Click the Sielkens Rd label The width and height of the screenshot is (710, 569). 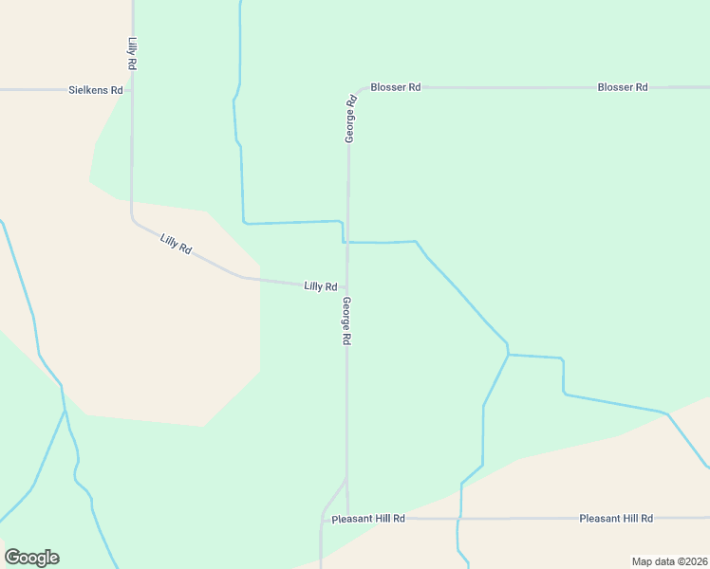pyautogui.click(x=96, y=90)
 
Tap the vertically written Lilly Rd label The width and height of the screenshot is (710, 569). pyautogui.click(x=132, y=52)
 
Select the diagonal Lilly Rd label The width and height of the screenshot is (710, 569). pyautogui.click(x=177, y=244)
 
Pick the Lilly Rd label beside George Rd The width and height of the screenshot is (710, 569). pyautogui.click(x=320, y=286)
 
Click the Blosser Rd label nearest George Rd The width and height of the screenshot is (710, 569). pyautogui.click(x=395, y=87)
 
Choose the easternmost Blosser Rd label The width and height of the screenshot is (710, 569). pyautogui.click(x=622, y=87)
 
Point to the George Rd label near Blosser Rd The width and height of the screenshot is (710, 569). pyautogui.click(x=350, y=119)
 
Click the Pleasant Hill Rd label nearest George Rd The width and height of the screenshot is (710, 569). pyautogui.click(x=368, y=519)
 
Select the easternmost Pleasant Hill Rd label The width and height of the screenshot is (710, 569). pyautogui.click(x=616, y=519)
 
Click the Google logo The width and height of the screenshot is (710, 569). pyautogui.click(x=31, y=558)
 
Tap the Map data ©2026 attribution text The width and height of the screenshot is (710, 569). pyautogui.click(x=669, y=561)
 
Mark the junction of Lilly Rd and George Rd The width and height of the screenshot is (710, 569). pyautogui.click(x=346, y=285)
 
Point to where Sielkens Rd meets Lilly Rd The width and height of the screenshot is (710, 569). pyautogui.click(x=132, y=90)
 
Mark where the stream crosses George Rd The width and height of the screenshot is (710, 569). pyautogui.click(x=346, y=243)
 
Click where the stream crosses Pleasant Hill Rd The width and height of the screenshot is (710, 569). pyautogui.click(x=459, y=519)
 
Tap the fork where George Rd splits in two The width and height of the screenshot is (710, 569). pyautogui.click(x=346, y=479)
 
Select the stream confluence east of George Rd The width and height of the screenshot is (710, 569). pyautogui.click(x=509, y=355)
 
